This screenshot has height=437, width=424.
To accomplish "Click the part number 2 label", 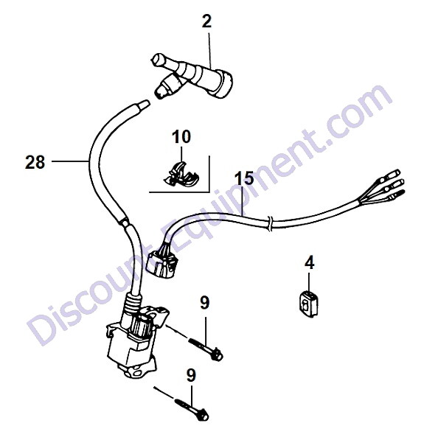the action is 206,21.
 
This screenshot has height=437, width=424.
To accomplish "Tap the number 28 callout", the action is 35,162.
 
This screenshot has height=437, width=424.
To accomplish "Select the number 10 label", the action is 181,136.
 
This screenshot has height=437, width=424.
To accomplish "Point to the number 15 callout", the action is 244,178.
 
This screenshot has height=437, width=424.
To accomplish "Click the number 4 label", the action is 310,262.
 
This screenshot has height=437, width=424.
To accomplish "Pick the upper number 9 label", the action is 205,303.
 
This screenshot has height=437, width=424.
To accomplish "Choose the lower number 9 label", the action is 191,375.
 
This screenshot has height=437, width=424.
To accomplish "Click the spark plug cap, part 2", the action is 192,76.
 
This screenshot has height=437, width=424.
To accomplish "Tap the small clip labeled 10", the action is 181,175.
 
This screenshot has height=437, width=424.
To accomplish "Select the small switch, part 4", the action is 308,304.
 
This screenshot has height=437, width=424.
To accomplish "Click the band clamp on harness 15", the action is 269,223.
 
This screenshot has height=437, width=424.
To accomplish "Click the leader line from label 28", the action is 70,161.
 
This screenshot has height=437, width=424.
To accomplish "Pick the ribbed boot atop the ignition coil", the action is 133,303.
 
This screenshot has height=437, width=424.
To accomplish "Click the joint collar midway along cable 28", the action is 125,223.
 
